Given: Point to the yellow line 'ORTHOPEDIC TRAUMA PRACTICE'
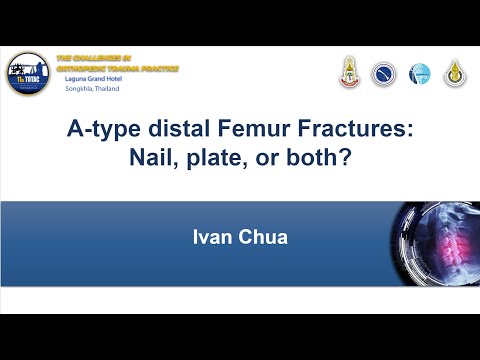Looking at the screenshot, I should pyautogui.click(x=118, y=69).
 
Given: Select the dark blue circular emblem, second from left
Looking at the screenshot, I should pyautogui.click(x=384, y=73).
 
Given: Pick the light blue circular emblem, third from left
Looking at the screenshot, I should pyautogui.click(x=419, y=73).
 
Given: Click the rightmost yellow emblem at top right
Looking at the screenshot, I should pyautogui.click(x=455, y=72).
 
